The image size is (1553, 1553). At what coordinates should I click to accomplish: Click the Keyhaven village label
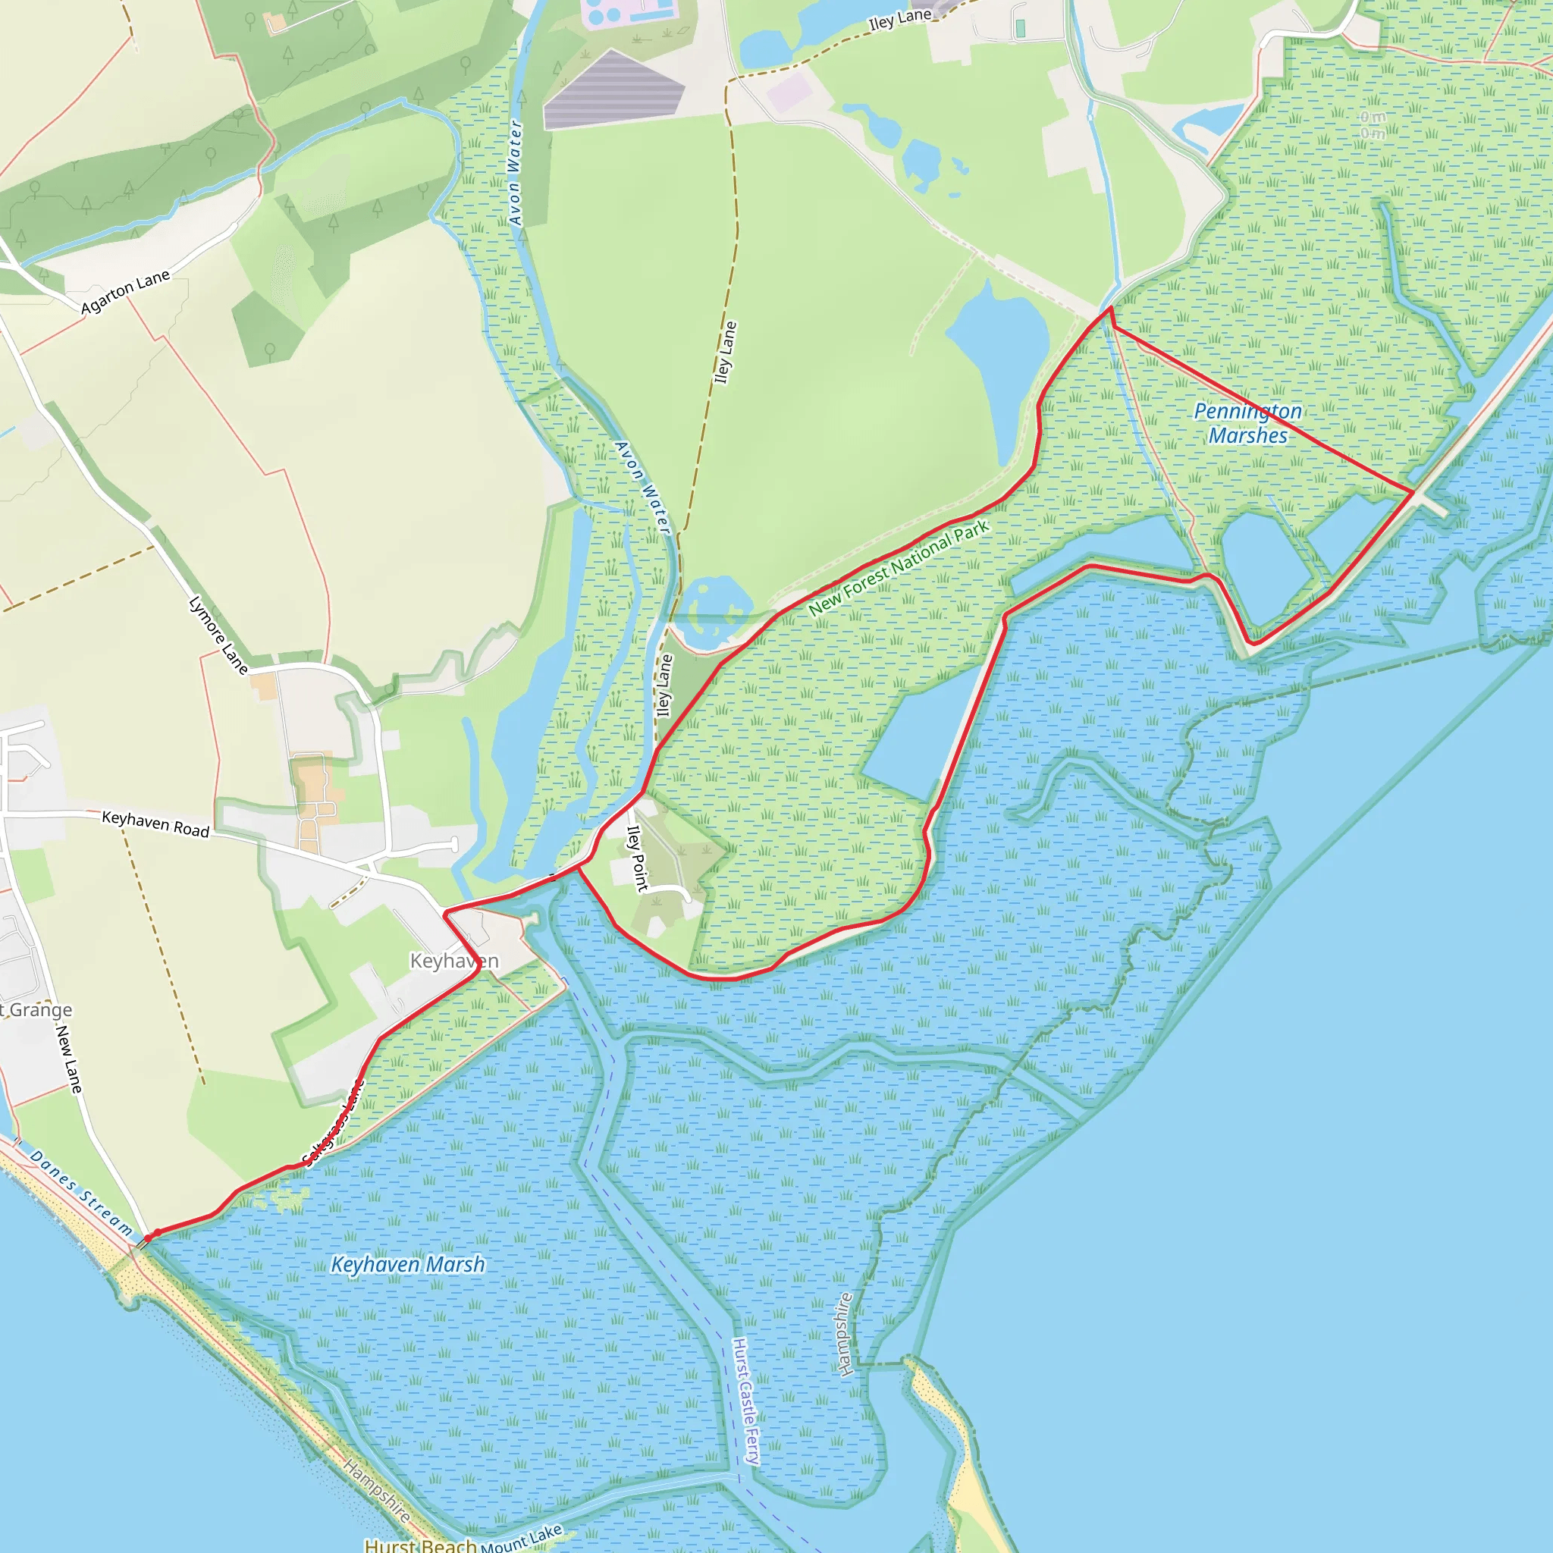(454, 961)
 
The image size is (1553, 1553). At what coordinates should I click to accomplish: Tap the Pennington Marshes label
(1247, 424)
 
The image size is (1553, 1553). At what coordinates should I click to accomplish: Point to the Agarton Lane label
(125, 292)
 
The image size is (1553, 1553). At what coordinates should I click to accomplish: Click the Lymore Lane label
(218, 635)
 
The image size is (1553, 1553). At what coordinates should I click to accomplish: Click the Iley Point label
(637, 858)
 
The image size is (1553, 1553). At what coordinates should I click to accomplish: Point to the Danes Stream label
(81, 1193)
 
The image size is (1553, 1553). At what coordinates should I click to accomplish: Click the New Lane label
(69, 1059)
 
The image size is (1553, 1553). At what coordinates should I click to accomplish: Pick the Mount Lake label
(522, 1539)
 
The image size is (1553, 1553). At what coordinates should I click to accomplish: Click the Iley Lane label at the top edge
(899, 19)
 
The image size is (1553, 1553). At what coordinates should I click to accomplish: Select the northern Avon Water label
(515, 173)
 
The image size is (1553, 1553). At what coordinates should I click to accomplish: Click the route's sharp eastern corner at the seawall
(1412, 491)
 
